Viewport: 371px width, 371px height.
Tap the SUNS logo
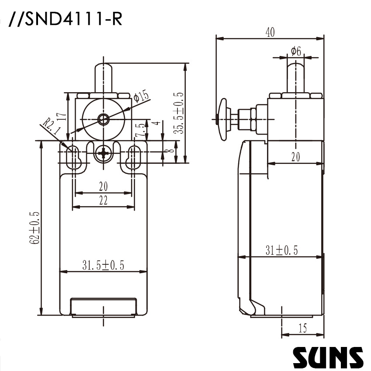coord(328,357)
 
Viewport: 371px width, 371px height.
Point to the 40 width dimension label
coord(270,33)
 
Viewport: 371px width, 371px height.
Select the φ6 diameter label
coord(296,51)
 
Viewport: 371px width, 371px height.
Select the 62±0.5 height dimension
coord(35,227)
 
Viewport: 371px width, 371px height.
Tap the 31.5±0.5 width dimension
coord(103,265)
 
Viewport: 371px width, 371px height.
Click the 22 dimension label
coord(103,200)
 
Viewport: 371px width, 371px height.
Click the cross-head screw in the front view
coord(104,153)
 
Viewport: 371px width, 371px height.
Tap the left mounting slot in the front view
coord(73,156)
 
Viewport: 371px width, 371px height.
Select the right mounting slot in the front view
coord(134,156)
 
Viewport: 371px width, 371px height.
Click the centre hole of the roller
coord(104,118)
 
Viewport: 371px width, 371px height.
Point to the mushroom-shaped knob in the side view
coord(223,118)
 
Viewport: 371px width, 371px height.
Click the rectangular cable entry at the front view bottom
coord(104,306)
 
